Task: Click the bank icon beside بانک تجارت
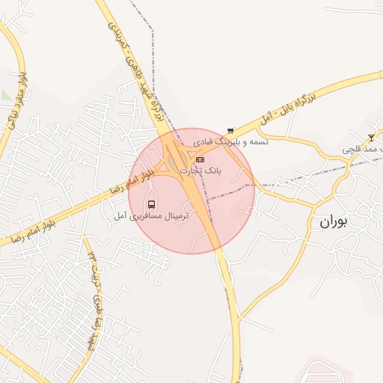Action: (x=200, y=159)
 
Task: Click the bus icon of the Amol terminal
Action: (x=152, y=204)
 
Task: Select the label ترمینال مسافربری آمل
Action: (x=152, y=215)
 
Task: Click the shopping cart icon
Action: (x=230, y=130)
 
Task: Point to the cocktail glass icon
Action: (x=372, y=137)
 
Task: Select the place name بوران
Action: (x=334, y=222)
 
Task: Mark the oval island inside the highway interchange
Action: (x=177, y=160)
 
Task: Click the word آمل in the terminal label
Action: (x=120, y=215)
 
